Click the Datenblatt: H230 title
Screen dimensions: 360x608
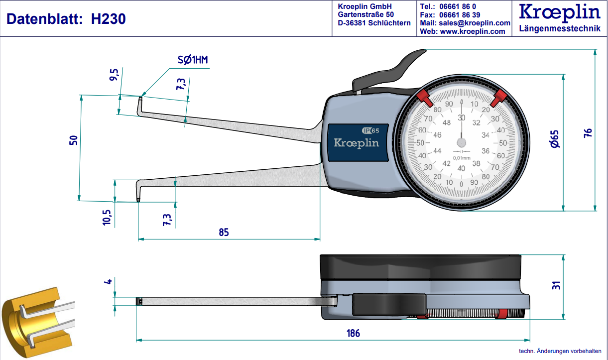[66, 19]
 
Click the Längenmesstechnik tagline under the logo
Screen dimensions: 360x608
[560, 28]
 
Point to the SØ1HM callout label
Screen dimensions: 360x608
[193, 61]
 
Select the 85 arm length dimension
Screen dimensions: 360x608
[224, 232]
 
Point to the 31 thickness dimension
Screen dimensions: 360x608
[557, 285]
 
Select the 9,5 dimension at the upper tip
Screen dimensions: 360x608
[114, 76]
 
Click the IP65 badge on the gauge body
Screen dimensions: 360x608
[370, 130]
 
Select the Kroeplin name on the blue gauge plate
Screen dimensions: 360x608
[356, 143]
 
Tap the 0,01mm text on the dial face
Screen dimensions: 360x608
[462, 158]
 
